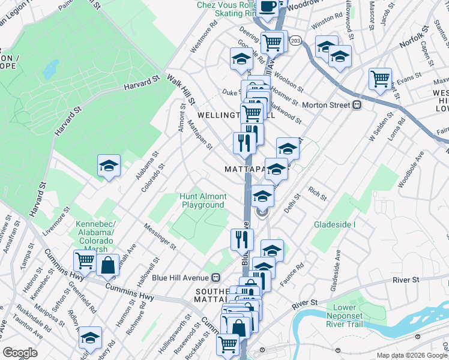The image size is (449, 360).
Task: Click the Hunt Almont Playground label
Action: [x=203, y=200]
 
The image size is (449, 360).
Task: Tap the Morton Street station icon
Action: [x=357, y=104]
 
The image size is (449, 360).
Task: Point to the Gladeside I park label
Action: [x=335, y=224]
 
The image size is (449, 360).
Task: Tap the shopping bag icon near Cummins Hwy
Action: [x=108, y=265]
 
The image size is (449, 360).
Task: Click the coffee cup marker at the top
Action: [x=268, y=7]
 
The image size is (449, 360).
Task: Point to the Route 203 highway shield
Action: [x=295, y=40]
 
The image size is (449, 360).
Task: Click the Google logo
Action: [x=20, y=353]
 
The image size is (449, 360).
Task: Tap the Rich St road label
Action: [x=317, y=194]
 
